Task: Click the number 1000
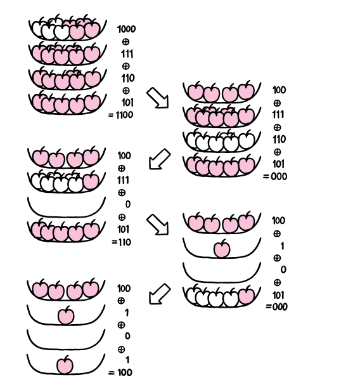[126, 29]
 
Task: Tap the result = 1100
[121, 115]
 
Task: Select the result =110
[121, 242]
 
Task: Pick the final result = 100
[120, 372]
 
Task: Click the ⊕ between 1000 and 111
[125, 42]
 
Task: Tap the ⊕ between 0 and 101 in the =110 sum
[122, 217]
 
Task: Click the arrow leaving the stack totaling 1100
[158, 98]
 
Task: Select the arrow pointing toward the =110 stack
[160, 159]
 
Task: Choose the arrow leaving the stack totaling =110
[158, 225]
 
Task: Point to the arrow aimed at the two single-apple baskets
[160, 294]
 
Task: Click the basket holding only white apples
[222, 141]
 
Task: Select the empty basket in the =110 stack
[67, 207]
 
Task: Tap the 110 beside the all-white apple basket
[279, 140]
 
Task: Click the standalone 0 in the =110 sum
[128, 204]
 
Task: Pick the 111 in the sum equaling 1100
[127, 54]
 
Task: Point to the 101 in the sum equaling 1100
[127, 103]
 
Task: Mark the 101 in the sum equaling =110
[124, 230]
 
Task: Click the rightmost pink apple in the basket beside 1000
[93, 29]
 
